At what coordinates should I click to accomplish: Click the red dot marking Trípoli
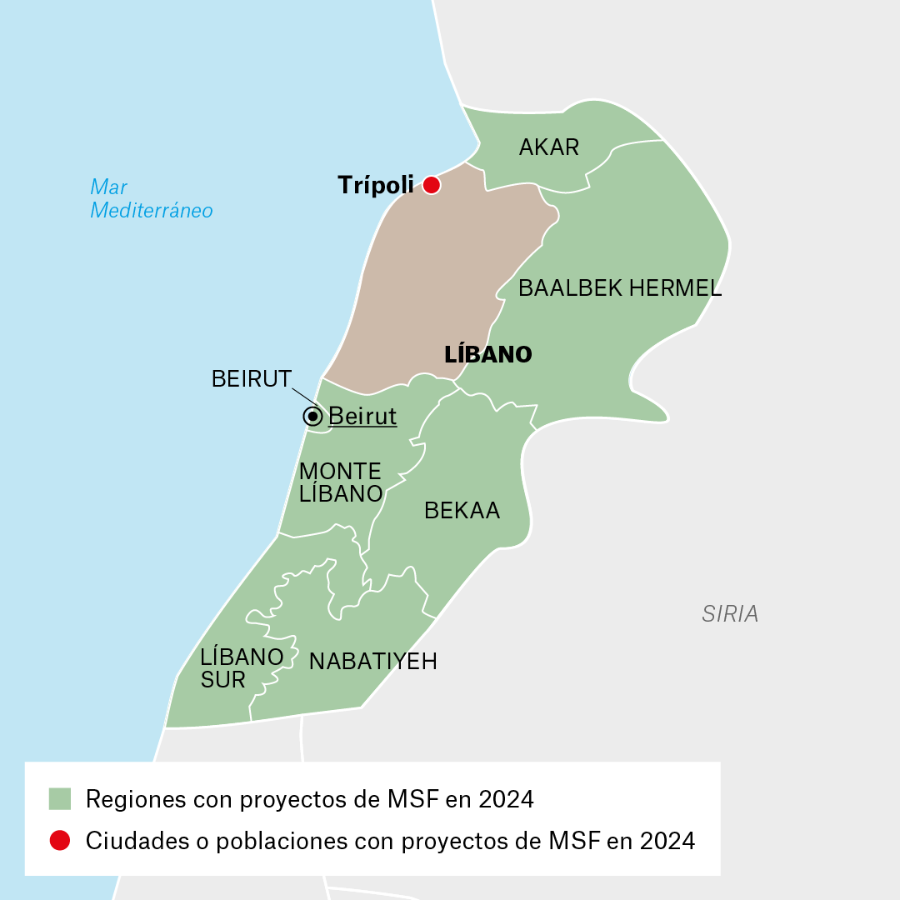click(x=431, y=185)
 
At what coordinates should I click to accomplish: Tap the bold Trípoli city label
click(x=375, y=185)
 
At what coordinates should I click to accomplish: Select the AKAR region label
click(x=549, y=147)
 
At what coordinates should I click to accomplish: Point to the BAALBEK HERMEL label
click(x=620, y=289)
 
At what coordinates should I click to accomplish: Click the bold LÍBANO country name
click(x=488, y=355)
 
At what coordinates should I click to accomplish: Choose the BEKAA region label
click(x=462, y=511)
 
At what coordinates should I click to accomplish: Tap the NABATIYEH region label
click(x=372, y=662)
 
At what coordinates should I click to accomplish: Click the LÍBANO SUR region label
click(x=242, y=668)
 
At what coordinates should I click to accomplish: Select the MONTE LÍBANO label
click(x=340, y=482)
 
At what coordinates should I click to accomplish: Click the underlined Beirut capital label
click(x=362, y=416)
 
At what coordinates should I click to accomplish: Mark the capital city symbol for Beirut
click(x=312, y=416)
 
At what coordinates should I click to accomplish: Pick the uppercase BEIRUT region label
click(x=252, y=379)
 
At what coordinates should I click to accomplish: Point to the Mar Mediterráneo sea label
click(x=151, y=198)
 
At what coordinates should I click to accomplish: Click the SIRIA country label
click(x=730, y=614)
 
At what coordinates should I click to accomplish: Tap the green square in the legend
click(x=60, y=799)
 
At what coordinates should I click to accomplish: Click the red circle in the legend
click(x=60, y=841)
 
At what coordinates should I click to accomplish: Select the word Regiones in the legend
click(x=136, y=800)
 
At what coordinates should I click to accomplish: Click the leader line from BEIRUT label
click(x=307, y=397)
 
